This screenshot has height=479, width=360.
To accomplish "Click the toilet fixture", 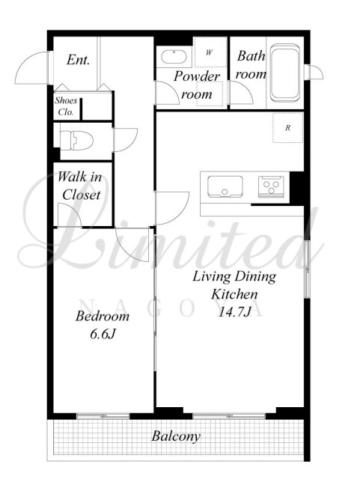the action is pos(76,140).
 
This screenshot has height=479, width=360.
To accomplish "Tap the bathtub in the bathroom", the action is pos(284,73).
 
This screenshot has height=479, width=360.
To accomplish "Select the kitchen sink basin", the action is pos(225,186).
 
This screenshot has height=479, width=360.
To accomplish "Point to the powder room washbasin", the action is pos(174,57).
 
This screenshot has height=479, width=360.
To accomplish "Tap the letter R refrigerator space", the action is pos(288,128).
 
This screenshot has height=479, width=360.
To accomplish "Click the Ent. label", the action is pos(79,60).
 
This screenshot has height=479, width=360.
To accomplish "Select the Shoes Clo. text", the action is pos(66,106).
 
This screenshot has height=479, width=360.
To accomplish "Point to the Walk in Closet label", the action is pos(80,186).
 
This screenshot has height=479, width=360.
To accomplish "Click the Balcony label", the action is pos(176,436).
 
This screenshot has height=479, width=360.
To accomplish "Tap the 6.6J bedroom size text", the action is pos(103,335).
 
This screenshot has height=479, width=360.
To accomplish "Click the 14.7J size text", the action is pos(235,312).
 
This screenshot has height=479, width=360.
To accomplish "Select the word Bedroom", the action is pos(103,316).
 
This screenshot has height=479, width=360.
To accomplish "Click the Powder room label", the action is pos(197,85).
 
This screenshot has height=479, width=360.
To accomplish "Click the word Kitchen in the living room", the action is pos(234,294).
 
